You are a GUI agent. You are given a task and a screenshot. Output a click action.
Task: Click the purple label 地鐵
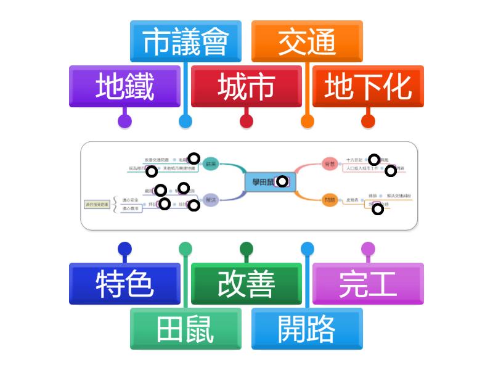coord(124,87)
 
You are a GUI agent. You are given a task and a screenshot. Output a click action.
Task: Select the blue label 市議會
coord(185,42)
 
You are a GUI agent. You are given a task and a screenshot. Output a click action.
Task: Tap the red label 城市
coord(246,87)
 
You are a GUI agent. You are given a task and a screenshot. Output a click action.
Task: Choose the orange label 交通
coord(307,42)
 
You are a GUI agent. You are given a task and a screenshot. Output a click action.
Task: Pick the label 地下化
coord(368,87)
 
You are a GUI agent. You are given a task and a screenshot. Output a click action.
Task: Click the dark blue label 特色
coord(124,284)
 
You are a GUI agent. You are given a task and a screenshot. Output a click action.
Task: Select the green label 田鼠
coord(185,329)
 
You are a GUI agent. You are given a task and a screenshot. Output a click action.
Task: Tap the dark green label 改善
coord(246,284)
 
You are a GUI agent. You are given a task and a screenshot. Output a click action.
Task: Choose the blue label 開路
coord(307,329)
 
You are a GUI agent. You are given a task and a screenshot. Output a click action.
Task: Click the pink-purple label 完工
coord(368,284)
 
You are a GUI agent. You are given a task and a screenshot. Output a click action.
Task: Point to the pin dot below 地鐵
coord(124,121)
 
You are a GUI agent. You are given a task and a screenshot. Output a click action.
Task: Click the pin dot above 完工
coord(368,249)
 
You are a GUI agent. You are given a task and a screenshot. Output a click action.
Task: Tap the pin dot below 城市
coord(246,121)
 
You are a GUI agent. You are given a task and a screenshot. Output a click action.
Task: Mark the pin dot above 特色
coord(124,249)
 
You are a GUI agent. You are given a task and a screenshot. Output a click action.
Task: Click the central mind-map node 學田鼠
coord(265,181)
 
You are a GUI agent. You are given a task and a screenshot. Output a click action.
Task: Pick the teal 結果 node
coord(211,163)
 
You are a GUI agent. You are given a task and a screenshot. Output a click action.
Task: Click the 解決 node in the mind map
coord(211,199)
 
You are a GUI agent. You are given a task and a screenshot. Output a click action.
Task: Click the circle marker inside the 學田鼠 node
coord(282,181)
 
